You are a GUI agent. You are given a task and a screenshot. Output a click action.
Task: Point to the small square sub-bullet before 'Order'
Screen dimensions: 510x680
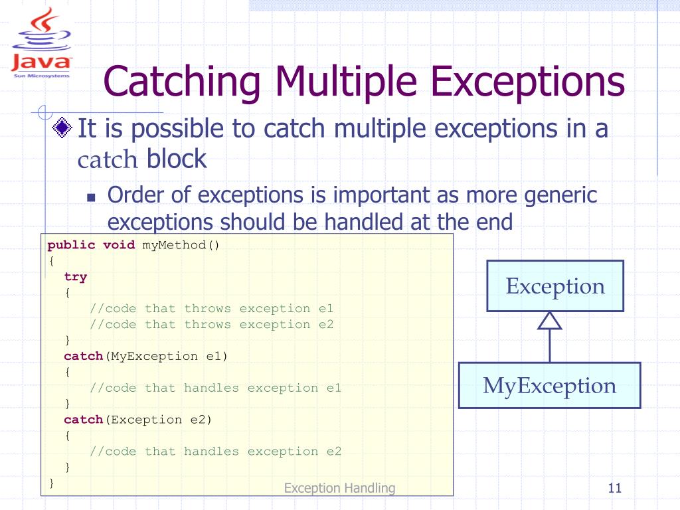[x=92, y=197]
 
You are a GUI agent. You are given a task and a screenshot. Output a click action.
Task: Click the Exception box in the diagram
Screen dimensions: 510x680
[x=555, y=286]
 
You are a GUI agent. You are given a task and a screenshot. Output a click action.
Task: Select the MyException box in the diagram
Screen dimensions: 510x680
[x=549, y=385]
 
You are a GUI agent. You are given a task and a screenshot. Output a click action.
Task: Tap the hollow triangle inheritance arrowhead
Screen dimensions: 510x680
[x=550, y=321]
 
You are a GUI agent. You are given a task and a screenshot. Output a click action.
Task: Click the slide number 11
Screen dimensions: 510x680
[x=614, y=489]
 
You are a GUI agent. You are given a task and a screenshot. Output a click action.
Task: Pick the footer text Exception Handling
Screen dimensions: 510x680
[x=339, y=488]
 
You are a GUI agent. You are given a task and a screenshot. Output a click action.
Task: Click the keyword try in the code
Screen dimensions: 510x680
[x=76, y=277]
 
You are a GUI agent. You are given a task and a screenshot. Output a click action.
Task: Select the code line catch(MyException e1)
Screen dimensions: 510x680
[x=145, y=356]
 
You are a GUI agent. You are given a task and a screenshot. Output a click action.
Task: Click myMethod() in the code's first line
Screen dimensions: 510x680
[x=181, y=245]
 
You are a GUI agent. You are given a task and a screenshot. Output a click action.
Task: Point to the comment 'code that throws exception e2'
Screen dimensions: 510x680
[x=212, y=324]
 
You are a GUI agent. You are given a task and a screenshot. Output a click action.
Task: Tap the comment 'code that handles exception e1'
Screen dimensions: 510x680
[x=216, y=388]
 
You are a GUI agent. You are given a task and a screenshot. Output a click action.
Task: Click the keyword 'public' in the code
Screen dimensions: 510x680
[x=71, y=245]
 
